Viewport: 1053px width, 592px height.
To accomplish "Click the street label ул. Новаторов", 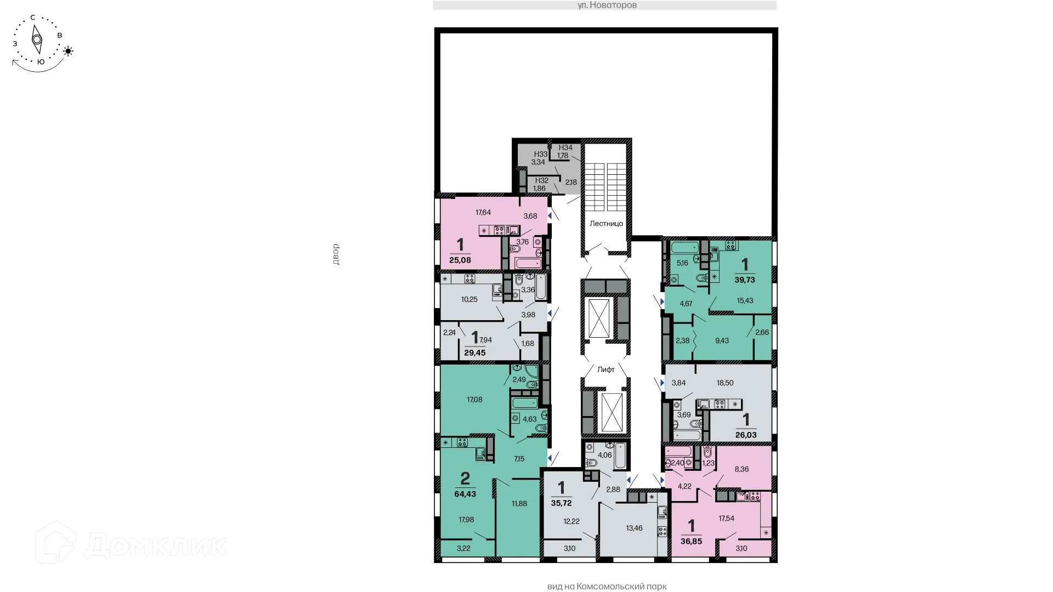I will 607,5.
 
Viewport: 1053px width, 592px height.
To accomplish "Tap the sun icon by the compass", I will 68,52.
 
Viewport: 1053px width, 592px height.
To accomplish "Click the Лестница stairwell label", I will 606,224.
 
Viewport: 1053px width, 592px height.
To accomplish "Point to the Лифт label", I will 605,369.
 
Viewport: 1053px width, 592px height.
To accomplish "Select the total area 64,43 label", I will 465,494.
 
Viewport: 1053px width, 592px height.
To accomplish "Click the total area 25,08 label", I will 460,260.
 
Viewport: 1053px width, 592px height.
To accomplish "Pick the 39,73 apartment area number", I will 744,280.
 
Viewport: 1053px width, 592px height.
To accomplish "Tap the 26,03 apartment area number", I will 745,435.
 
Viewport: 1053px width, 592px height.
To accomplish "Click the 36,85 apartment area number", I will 691,541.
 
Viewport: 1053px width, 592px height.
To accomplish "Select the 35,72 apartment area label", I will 561,503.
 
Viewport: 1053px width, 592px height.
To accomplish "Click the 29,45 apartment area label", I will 474,353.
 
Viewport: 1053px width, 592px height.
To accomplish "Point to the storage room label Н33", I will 541,155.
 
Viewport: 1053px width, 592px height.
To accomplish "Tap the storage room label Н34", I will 565,147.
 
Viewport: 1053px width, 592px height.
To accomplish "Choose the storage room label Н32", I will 541,180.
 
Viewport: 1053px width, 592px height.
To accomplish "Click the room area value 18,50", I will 724,383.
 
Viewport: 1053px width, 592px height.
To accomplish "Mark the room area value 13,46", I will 634,528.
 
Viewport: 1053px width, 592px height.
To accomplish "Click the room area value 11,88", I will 519,504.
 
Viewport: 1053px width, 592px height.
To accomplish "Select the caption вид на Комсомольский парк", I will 607,587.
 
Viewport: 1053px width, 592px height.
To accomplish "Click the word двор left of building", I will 336,254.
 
